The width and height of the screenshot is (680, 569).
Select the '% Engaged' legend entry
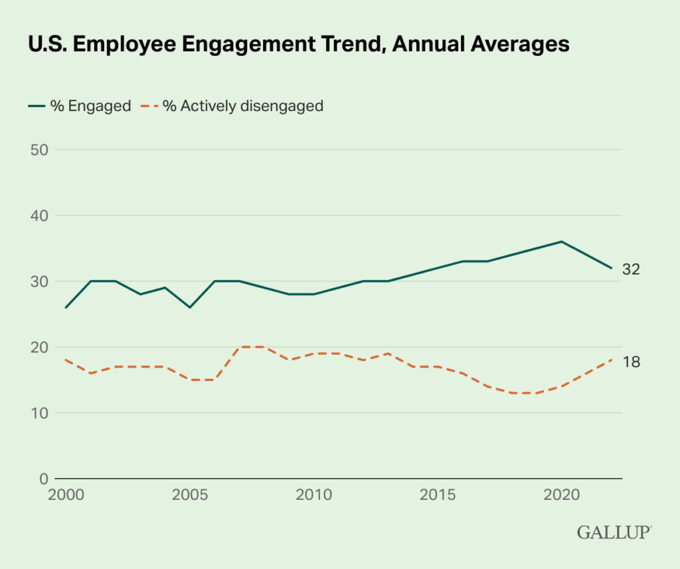(79, 106)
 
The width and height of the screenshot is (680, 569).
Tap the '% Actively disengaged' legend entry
(233, 106)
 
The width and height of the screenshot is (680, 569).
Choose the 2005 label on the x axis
(190, 495)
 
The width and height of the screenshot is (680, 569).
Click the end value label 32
(631, 269)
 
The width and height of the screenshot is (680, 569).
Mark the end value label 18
(631, 361)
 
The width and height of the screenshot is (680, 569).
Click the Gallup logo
(614, 532)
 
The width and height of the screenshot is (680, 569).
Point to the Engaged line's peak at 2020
(562, 241)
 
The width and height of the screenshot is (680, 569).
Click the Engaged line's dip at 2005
(190, 307)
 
